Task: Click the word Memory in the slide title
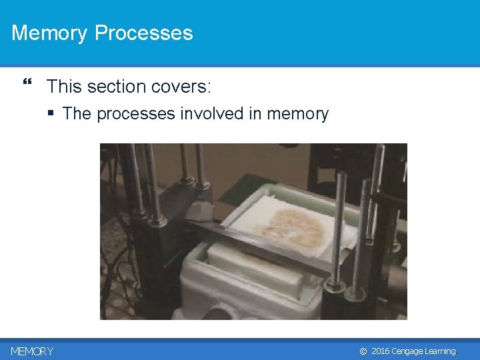coord(49,33)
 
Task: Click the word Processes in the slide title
coord(143,33)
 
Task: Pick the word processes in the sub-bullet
coord(136,114)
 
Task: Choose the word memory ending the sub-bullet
coord(297,114)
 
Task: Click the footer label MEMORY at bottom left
coord(32,351)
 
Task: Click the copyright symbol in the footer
coord(363,351)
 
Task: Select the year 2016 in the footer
coord(380,351)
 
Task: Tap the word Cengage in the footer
coord(408,351)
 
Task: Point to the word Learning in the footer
coord(441,351)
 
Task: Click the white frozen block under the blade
coord(247,267)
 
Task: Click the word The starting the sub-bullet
coord(77,114)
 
